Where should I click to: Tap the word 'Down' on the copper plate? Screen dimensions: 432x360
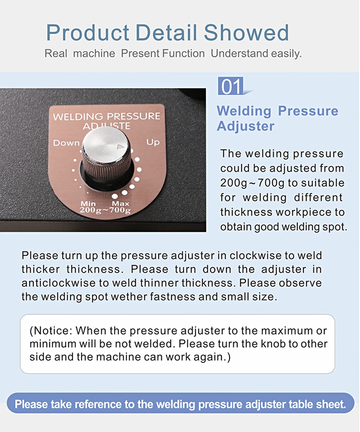point(66,143)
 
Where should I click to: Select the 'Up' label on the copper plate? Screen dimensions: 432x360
point(153,142)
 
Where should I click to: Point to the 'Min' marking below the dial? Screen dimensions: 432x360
point(88,203)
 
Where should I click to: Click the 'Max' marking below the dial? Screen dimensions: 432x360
point(120,203)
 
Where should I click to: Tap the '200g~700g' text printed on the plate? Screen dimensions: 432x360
point(105,210)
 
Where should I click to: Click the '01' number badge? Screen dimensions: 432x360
point(231,86)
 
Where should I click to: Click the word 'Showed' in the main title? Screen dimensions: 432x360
point(246,33)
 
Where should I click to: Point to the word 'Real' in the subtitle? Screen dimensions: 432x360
point(56,53)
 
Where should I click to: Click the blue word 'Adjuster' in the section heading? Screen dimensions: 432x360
point(245,126)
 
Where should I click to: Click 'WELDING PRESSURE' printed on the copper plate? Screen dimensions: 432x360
point(106,117)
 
